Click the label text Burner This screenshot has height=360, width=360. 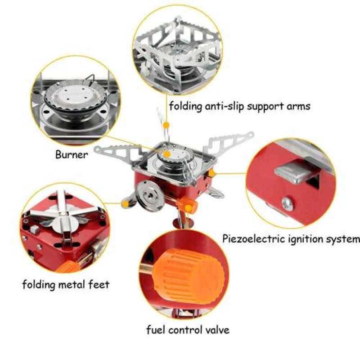pyautogui.click(x=72, y=154)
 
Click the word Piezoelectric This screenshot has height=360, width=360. pyautogui.click(x=250, y=238)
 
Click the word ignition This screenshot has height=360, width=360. pyautogui.click(x=304, y=238)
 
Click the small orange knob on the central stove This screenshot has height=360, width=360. pyautogui.click(x=190, y=206)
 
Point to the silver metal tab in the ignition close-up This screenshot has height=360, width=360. pyautogui.click(x=295, y=171)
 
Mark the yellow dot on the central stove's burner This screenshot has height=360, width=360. pyautogui.click(x=167, y=154)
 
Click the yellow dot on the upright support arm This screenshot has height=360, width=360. pyautogui.click(x=166, y=124)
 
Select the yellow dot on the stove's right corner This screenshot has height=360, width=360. pyautogui.click(x=211, y=173)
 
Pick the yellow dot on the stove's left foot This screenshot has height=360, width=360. pyautogui.click(x=125, y=204)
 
